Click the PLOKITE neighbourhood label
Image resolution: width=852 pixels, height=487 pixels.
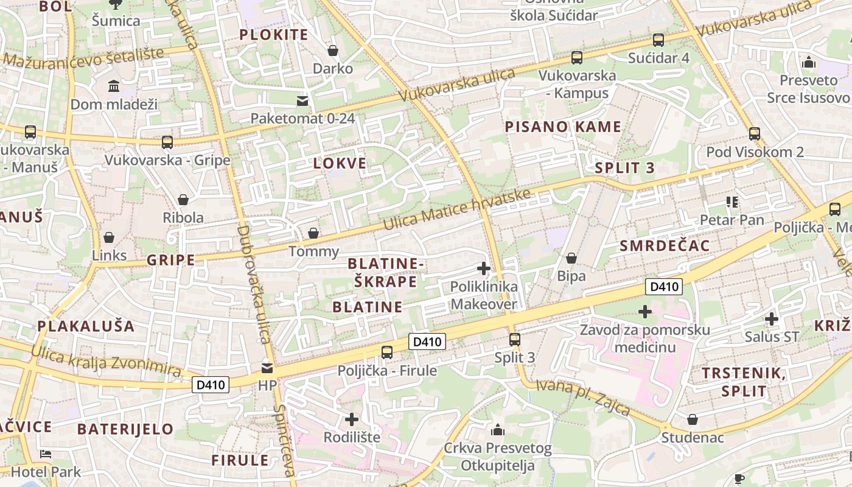[x=274, y=35]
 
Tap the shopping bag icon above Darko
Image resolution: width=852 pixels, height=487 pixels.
[x=333, y=50]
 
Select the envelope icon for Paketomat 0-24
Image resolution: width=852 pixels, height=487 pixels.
[x=302, y=100]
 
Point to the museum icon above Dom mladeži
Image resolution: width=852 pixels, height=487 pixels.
[x=114, y=86]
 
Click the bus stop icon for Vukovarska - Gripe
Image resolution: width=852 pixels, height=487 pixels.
[x=167, y=142]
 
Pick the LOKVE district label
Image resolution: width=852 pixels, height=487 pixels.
[x=340, y=163]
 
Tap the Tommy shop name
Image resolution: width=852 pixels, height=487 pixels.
[x=313, y=251]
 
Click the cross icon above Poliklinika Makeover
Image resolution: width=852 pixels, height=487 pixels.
[x=484, y=268]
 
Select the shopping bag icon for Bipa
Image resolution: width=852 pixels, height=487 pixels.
[x=571, y=259]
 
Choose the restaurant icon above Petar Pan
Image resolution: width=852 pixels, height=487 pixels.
[x=732, y=201]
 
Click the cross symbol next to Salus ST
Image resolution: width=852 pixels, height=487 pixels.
[x=772, y=319]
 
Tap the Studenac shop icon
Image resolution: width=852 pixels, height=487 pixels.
[x=693, y=419]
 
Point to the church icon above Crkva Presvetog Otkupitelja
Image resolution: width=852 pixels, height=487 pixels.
[x=498, y=430]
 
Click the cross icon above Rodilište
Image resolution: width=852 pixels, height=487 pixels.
[x=352, y=419]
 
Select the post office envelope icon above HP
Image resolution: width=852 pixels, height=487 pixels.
[x=267, y=368]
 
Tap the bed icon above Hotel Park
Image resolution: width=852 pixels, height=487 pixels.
[x=46, y=454]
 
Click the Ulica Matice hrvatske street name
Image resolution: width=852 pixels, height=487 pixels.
[x=456, y=209]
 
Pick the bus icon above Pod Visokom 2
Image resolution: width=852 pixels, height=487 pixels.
[x=755, y=134]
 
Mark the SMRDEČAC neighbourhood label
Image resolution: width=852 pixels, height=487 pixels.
[x=665, y=246]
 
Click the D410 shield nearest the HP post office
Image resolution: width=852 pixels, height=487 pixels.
[x=211, y=385]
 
